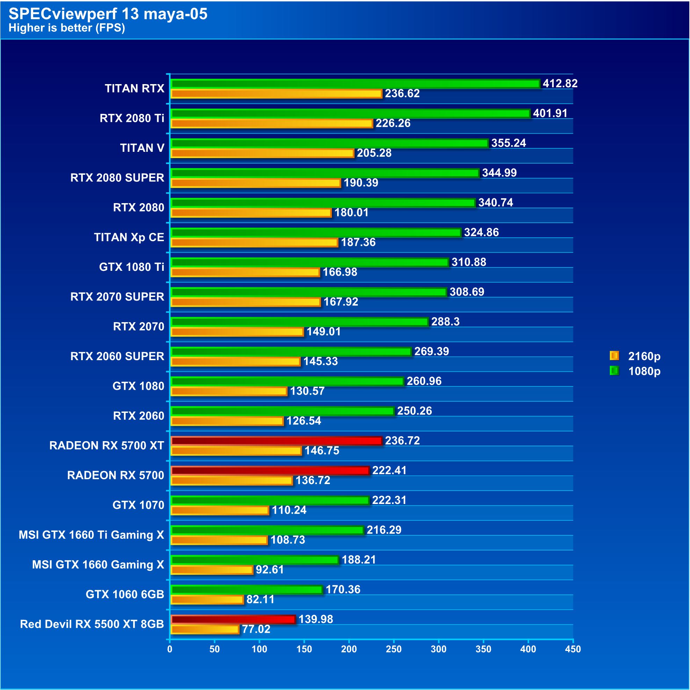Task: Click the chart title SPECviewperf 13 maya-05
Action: click(108, 14)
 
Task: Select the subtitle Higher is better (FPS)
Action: click(67, 28)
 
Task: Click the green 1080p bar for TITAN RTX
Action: click(355, 83)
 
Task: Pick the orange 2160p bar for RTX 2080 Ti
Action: click(272, 124)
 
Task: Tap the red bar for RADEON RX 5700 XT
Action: click(276, 441)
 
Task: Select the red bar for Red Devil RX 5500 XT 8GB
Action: click(233, 619)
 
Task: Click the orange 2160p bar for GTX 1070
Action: click(220, 510)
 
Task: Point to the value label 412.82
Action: click(560, 83)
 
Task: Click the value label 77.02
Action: click(256, 629)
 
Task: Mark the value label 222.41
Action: click(389, 470)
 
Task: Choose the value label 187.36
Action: click(358, 242)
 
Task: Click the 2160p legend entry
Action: click(635, 356)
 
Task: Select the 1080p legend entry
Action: click(635, 371)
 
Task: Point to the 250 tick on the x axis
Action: click(394, 649)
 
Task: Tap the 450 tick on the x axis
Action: click(573, 649)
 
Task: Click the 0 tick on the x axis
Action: click(170, 649)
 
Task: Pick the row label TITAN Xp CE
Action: click(129, 237)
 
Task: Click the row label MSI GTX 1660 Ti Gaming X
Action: click(92, 535)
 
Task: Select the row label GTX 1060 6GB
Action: click(125, 594)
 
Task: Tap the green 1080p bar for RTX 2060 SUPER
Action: click(291, 351)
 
